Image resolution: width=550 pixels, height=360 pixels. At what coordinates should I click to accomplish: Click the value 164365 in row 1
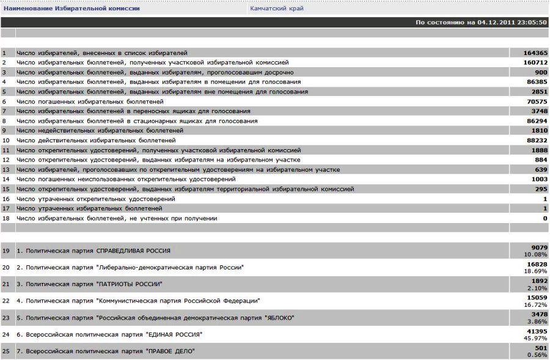[535, 53]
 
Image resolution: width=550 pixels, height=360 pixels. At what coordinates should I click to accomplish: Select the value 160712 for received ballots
[535, 63]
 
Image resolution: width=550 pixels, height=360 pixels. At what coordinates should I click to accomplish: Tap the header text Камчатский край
[277, 9]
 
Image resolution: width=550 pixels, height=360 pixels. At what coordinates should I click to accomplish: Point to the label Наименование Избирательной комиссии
[71, 9]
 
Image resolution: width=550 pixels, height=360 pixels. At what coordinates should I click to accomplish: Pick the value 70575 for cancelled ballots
[537, 101]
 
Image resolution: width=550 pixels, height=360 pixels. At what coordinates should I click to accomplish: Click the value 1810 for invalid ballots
[539, 131]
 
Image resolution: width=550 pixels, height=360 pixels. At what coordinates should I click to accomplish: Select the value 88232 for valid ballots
[537, 141]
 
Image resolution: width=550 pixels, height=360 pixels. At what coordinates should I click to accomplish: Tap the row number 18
[6, 218]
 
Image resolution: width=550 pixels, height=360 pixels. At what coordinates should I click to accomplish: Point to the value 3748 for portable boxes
[539, 111]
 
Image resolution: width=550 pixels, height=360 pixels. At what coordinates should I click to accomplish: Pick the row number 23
[6, 318]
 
